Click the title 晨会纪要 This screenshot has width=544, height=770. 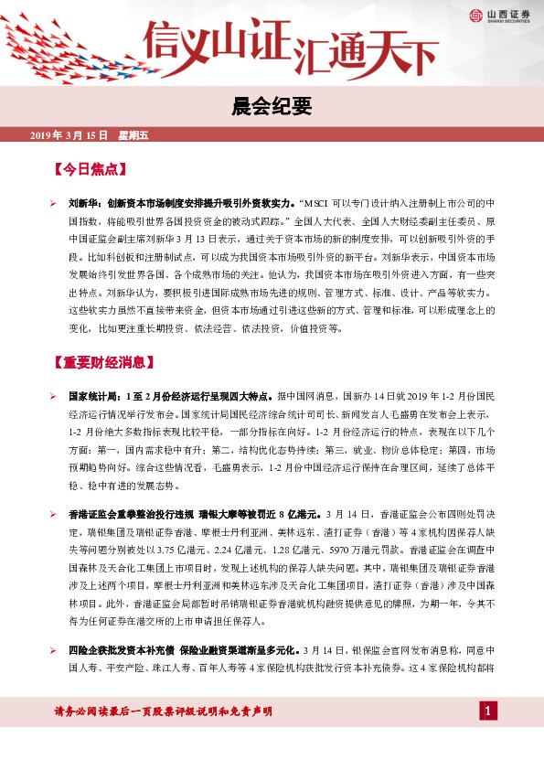pos(272,108)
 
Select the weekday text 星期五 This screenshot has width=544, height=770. pos(133,135)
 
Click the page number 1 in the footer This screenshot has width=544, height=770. pos(489,710)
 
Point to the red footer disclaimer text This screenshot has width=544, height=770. pos(164,711)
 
